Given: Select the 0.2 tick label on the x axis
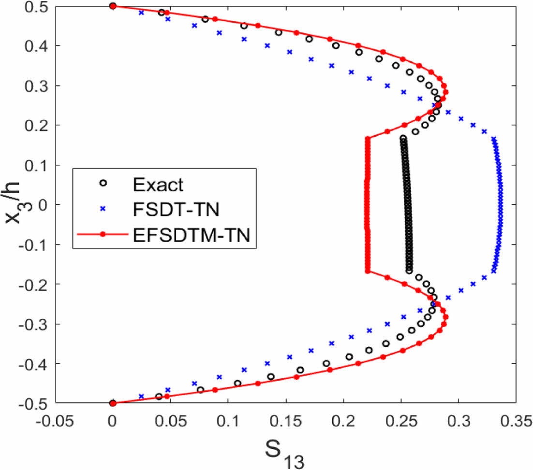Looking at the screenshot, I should pyautogui.click(x=344, y=421).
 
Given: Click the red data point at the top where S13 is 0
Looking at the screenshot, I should pyautogui.click(x=113, y=6).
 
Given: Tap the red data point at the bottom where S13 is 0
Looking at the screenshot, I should pyautogui.click(x=113, y=403).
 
